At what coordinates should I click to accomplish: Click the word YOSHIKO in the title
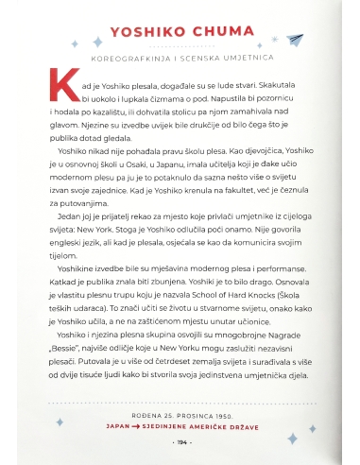pyautogui.click(x=151, y=32)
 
